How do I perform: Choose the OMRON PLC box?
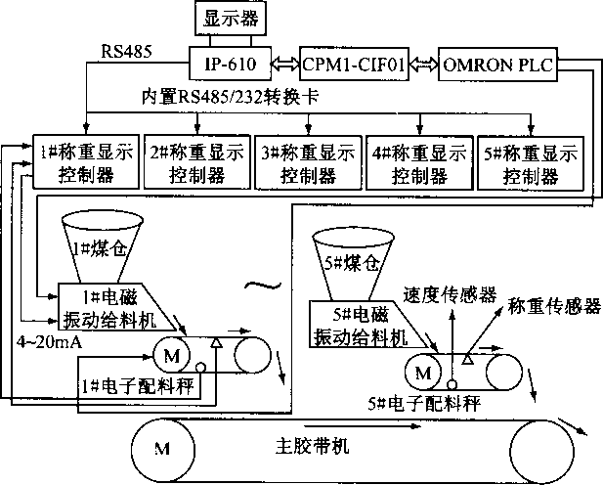point(496,64)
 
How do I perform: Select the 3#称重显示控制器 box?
point(307,162)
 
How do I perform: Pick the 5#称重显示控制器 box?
point(529,162)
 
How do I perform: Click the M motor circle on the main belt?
point(161,448)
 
